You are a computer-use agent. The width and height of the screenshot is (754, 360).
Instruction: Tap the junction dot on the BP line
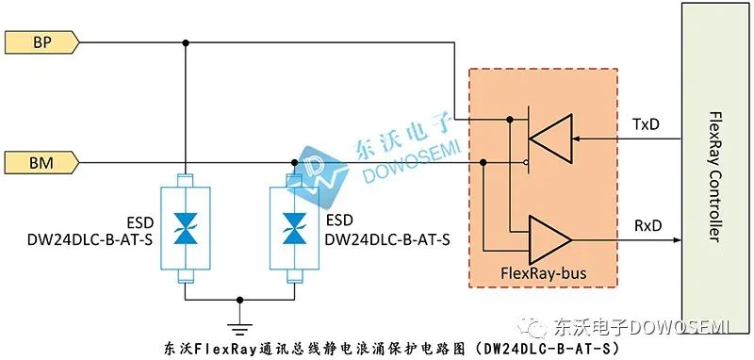(185, 42)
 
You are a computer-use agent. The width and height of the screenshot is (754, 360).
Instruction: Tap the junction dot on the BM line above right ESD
(295, 163)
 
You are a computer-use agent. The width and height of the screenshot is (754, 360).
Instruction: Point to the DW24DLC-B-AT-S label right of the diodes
(386, 239)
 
